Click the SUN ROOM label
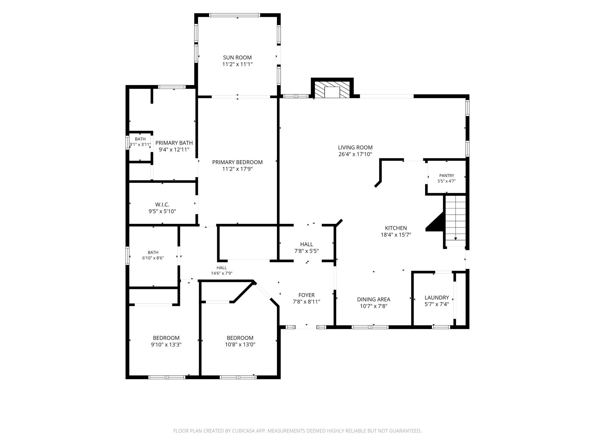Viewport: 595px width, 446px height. click(x=237, y=57)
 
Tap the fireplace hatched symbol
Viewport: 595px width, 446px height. click(x=332, y=89)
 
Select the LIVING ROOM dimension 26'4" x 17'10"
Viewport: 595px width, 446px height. click(x=355, y=154)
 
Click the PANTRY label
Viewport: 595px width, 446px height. click(x=447, y=176)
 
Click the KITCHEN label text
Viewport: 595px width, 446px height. click(x=396, y=228)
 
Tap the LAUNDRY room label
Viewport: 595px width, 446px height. click(x=437, y=298)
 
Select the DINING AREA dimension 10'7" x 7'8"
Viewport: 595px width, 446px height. click(x=374, y=306)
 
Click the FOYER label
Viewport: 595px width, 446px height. click(x=306, y=295)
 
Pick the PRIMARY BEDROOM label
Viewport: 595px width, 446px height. click(x=237, y=162)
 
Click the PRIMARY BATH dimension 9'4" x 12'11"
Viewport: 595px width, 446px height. click(x=174, y=150)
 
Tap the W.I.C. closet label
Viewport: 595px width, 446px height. click(x=162, y=205)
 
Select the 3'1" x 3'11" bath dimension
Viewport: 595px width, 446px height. click(x=140, y=144)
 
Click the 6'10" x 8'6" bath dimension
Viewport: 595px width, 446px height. click(x=153, y=258)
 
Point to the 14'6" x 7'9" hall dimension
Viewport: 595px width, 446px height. click(x=222, y=273)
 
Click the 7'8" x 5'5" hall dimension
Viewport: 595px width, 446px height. click(x=306, y=251)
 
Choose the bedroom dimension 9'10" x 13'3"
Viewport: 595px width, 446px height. click(x=166, y=345)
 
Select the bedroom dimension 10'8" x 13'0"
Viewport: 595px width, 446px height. click(x=240, y=345)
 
